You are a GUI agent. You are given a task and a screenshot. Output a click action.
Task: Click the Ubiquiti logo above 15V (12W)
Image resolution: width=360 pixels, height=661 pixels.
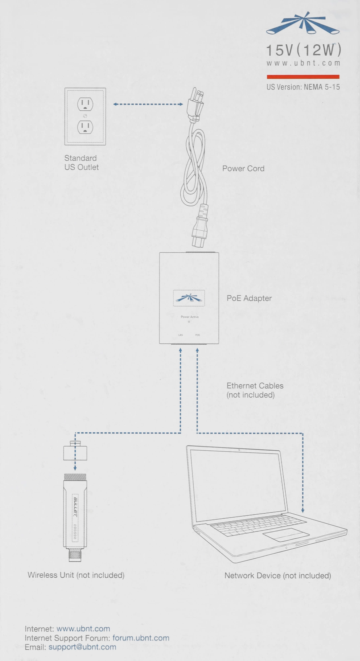303,24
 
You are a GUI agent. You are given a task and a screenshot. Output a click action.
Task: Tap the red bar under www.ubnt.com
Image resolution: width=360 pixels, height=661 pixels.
303,77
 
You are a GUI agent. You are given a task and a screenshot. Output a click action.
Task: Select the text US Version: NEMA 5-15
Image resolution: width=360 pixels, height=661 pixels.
303,87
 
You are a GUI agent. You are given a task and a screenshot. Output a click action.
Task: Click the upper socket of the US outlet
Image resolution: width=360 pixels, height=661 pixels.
85,104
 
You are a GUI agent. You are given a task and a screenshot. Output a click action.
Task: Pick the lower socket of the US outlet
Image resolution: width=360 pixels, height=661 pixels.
85,127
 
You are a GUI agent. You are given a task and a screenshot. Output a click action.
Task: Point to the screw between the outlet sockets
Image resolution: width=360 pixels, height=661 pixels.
85,116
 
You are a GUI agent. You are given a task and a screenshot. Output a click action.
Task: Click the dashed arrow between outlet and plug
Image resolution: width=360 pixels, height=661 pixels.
148,104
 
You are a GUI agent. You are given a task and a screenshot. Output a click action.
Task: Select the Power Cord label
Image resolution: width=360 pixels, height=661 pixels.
243,169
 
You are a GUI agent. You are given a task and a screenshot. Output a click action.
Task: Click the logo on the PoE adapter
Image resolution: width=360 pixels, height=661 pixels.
189,298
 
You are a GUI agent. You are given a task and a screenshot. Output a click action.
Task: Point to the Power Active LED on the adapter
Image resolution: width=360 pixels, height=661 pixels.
189,322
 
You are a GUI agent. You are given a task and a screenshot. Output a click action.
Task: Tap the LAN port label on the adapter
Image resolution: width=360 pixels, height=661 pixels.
180,335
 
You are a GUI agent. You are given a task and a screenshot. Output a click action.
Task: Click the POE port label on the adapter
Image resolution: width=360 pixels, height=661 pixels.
198,335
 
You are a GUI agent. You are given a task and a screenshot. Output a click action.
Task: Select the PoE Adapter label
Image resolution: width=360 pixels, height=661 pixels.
249,298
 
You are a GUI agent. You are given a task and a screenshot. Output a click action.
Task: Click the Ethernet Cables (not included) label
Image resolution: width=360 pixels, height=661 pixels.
255,390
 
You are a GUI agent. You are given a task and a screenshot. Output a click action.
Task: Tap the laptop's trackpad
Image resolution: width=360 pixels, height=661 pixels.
286,534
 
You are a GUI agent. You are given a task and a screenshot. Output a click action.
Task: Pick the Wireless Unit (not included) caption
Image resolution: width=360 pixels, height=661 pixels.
76,575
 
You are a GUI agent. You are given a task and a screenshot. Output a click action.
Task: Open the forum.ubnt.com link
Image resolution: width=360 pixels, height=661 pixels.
141,638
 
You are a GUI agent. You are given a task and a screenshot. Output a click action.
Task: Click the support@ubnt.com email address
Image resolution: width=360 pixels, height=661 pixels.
82,647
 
